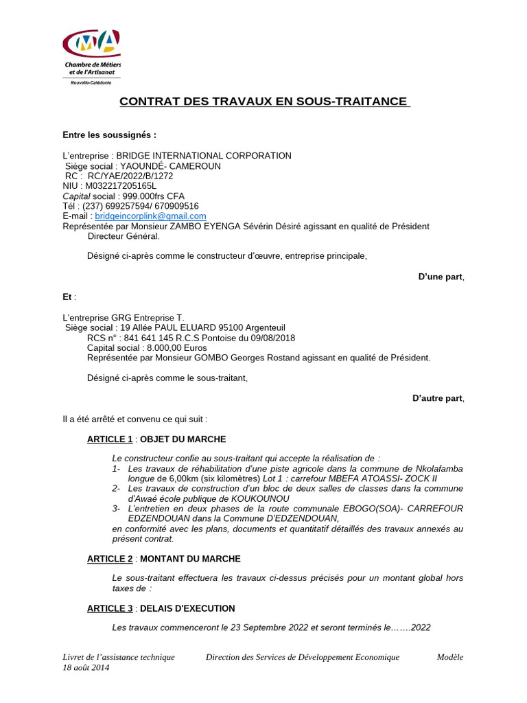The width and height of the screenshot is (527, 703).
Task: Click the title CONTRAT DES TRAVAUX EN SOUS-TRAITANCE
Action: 263,102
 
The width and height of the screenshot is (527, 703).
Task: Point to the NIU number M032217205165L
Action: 120,185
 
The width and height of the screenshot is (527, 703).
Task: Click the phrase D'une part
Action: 441,277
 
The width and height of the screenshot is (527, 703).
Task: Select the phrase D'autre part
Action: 438,397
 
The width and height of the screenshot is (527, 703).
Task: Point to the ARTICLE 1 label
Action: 110,439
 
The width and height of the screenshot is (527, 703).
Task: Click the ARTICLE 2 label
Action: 110,559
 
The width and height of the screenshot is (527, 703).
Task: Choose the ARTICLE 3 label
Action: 110,608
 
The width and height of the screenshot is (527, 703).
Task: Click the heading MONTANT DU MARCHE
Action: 190,559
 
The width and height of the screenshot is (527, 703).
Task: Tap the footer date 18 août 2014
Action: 86,667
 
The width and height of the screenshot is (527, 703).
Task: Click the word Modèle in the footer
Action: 450,657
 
